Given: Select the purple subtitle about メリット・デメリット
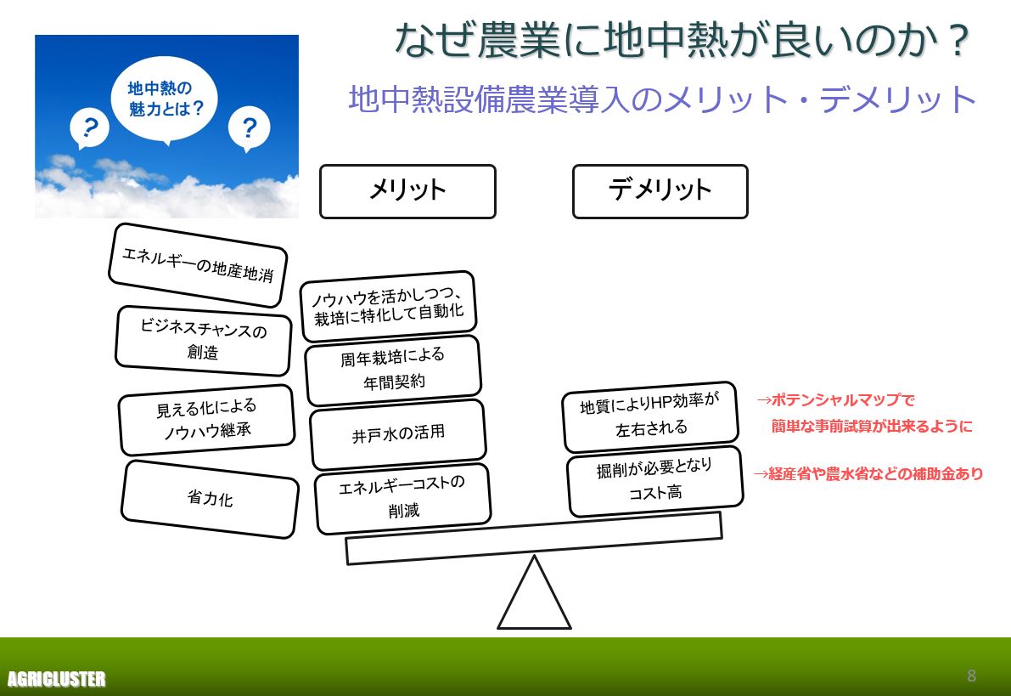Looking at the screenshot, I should (663, 99).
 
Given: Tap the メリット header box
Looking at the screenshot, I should (407, 191).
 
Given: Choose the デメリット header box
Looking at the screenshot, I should (660, 191).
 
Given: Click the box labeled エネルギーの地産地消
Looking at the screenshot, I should (198, 265).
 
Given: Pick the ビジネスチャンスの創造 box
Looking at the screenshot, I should (203, 341).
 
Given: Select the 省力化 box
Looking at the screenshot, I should (210, 499).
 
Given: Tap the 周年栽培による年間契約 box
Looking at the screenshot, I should (393, 370).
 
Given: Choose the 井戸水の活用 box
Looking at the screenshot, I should (398, 434).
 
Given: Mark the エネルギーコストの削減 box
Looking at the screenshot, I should (402, 498).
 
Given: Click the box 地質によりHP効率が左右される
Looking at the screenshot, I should (650, 416).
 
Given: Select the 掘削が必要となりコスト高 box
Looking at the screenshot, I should (654, 480).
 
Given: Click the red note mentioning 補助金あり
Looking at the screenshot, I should (868, 474).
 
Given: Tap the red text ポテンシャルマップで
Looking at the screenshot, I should (835, 399).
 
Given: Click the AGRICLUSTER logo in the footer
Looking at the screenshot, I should (56, 679).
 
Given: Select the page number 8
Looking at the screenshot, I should (971, 676).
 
